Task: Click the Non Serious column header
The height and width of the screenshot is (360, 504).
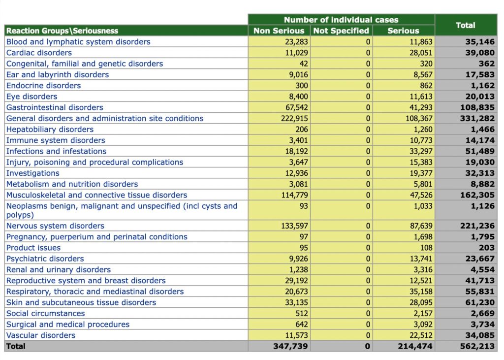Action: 279,31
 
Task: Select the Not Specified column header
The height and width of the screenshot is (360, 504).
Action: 341,31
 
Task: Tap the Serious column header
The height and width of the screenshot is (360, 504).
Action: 403,31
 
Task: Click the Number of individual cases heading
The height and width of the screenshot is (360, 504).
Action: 341,20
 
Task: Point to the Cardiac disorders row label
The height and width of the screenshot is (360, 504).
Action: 39,53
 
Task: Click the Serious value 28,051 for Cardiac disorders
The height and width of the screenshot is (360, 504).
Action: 421,53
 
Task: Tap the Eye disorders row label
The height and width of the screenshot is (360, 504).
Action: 31,97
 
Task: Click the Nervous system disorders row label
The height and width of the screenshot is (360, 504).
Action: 55,226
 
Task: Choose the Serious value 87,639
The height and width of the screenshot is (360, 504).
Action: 421,226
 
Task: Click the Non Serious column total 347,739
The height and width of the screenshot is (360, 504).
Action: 291,346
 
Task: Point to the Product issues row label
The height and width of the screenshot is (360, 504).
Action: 33,248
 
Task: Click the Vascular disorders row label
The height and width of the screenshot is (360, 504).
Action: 41,335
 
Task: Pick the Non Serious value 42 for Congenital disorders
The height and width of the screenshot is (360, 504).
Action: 303,64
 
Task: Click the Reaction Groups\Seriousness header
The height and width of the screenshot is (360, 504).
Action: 63,31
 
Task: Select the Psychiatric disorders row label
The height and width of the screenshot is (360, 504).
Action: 45,259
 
